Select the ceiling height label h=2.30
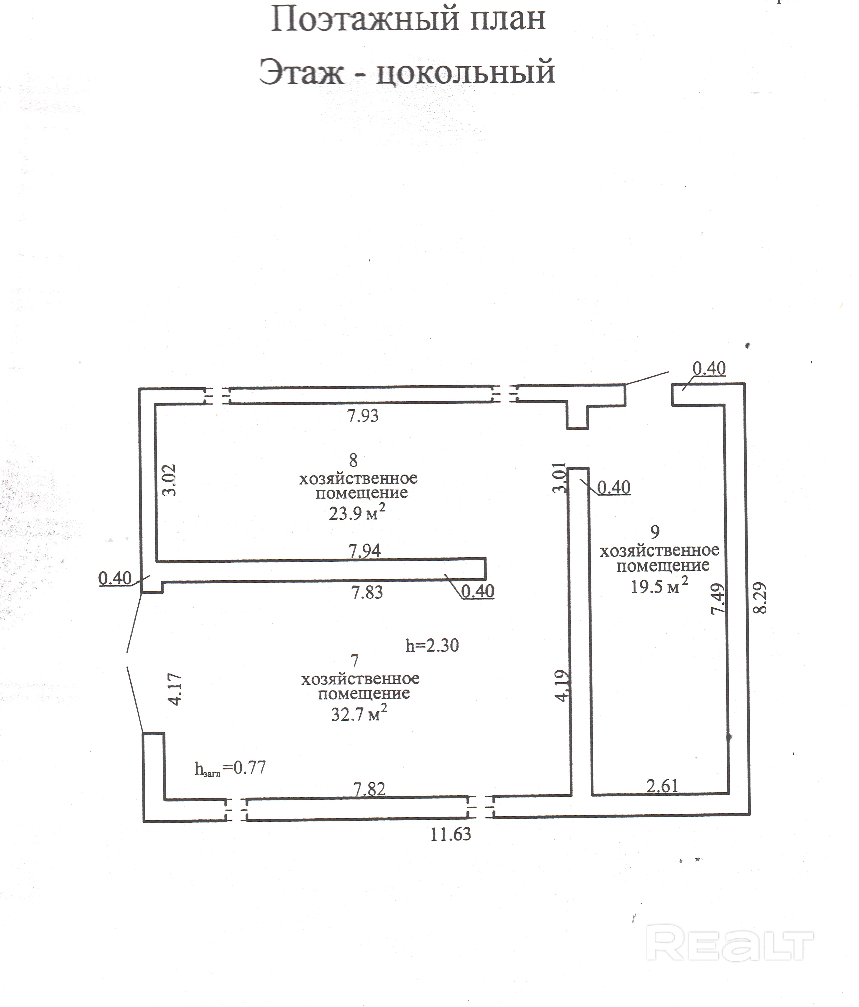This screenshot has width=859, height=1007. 432,646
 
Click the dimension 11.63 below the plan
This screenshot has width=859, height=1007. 451,834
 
